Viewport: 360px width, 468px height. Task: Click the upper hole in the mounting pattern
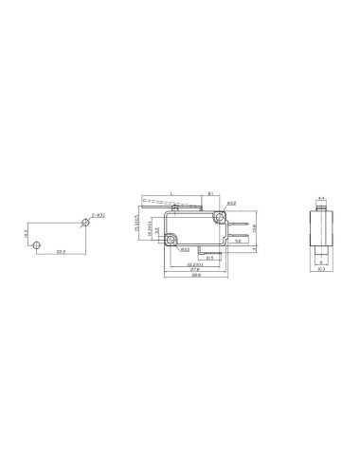coord(85,223)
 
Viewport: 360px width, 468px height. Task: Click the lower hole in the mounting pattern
coord(37,244)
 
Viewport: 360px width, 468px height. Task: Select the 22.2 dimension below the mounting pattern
coord(61,252)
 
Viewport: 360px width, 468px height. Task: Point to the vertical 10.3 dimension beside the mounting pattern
coord(27,233)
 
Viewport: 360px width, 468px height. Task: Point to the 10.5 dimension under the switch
coord(209,257)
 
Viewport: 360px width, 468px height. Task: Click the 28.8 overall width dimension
coord(196,278)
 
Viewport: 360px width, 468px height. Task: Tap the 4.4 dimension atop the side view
coord(321,199)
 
